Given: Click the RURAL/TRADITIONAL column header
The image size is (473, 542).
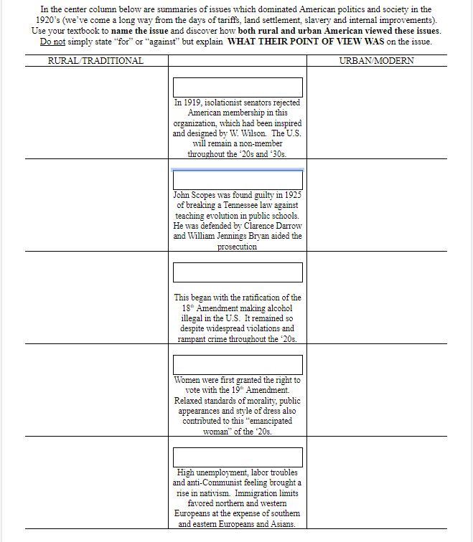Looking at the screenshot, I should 95,61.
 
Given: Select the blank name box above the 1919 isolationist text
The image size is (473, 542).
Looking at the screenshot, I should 238,87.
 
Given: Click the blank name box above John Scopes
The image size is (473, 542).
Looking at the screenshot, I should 238,180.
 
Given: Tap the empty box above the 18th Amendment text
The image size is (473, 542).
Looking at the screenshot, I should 238,272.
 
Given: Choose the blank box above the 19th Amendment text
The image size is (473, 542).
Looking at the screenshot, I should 238,365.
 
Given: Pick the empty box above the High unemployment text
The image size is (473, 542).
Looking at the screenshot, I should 238,457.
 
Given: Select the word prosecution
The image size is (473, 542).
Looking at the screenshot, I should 237,247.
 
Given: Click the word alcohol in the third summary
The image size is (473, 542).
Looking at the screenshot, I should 277,308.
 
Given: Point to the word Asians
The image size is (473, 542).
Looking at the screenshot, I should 281,524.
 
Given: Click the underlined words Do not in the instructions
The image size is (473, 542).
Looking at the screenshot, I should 52,42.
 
